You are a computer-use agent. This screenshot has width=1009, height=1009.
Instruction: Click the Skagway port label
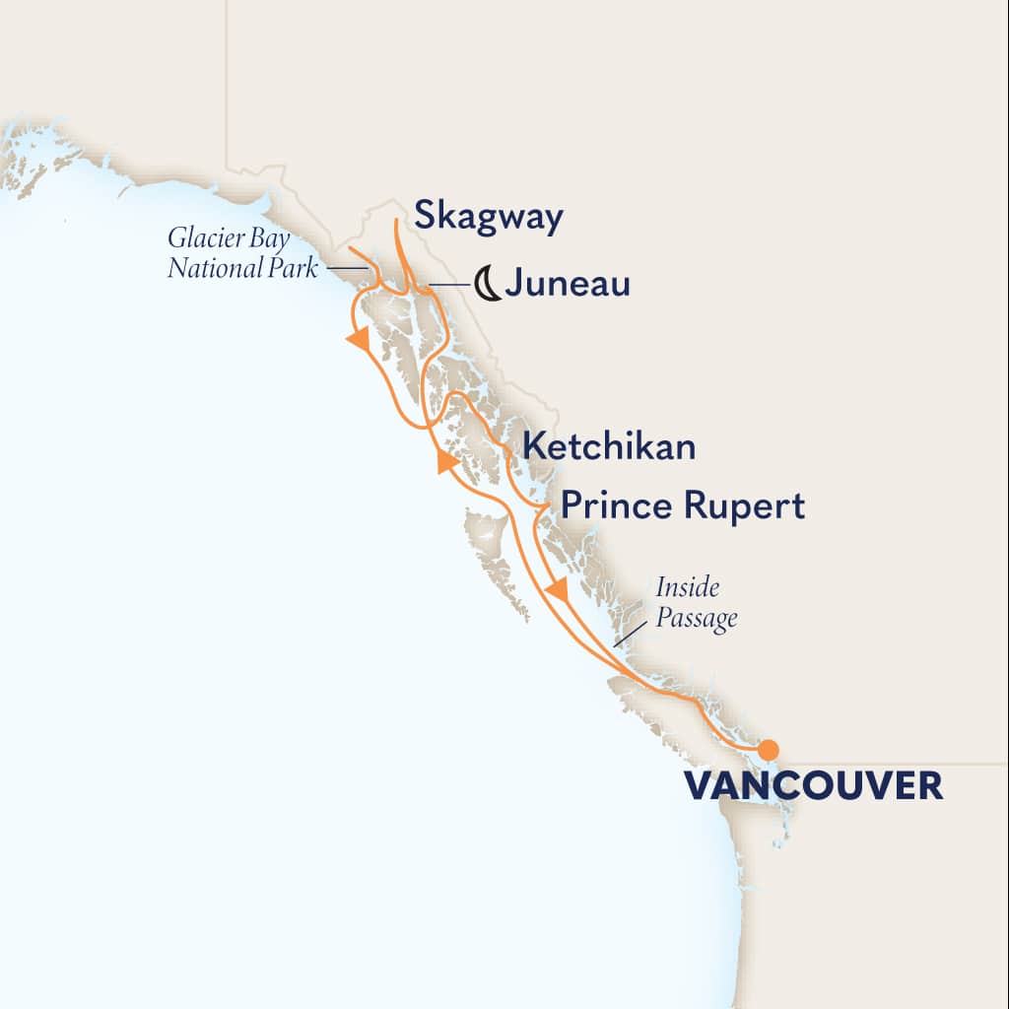point(488,218)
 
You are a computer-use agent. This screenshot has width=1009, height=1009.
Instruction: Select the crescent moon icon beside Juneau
point(487,284)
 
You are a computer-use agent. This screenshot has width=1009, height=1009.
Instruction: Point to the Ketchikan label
point(609,446)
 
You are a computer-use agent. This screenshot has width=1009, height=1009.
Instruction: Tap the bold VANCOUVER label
point(813,785)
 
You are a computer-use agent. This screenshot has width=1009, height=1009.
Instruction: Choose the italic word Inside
point(688,589)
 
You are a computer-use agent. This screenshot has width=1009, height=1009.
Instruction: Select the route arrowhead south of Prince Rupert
point(558,591)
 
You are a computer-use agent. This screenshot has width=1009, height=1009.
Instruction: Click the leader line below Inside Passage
point(623,638)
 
